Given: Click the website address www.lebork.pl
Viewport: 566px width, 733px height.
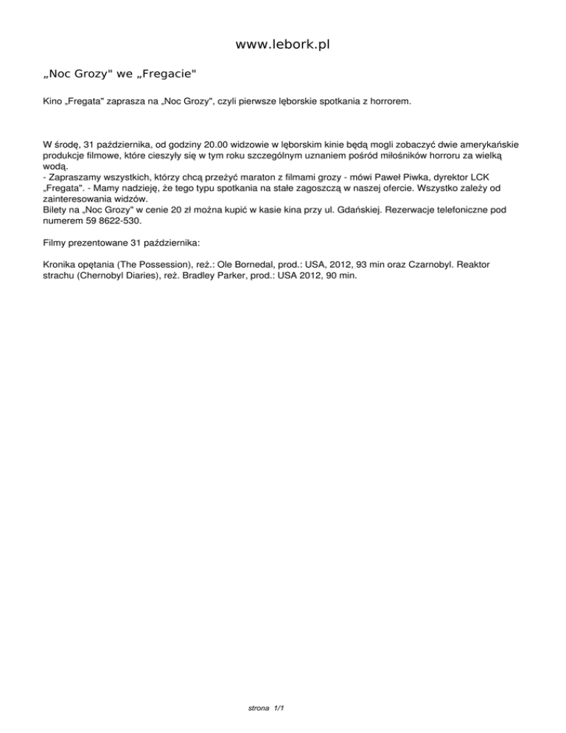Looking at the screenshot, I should (282, 45).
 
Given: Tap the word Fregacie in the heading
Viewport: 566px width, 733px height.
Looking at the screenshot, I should (170, 74).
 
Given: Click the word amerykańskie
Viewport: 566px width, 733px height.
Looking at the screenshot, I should (495, 146).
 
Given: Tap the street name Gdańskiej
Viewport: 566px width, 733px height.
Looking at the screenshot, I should (359, 210).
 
